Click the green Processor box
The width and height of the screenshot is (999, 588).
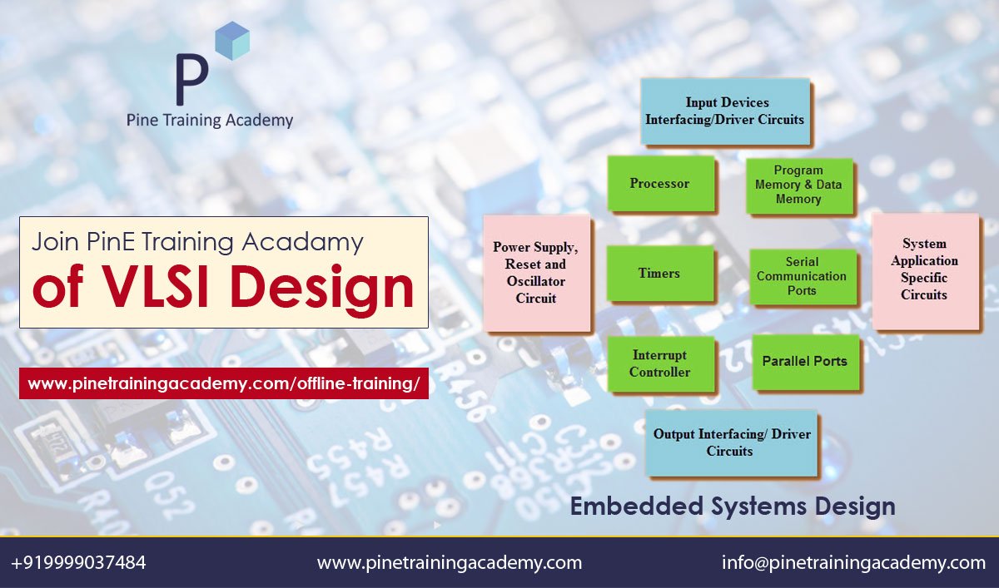point(660,184)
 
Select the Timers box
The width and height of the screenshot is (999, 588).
point(659,273)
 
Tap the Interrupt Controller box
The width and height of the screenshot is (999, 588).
point(660,364)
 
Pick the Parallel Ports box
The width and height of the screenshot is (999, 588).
point(804,362)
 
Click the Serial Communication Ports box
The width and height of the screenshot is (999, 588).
point(802,276)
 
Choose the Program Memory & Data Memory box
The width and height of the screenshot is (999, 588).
point(798,185)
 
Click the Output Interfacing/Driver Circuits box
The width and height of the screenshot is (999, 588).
point(730,442)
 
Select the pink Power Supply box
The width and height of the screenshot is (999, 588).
point(536,272)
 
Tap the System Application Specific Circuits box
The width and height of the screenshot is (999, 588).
point(924,269)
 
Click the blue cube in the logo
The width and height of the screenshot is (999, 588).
point(232,41)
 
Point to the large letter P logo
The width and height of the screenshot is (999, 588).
point(192,80)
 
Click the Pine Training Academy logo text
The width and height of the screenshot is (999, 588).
point(210,120)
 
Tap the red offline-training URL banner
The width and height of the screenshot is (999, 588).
point(223,383)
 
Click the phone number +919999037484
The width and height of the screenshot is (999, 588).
point(79,563)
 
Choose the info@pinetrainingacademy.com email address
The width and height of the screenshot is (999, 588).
point(853,563)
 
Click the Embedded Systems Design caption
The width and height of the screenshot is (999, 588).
point(733,506)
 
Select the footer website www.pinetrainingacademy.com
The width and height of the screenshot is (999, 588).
point(450,563)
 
